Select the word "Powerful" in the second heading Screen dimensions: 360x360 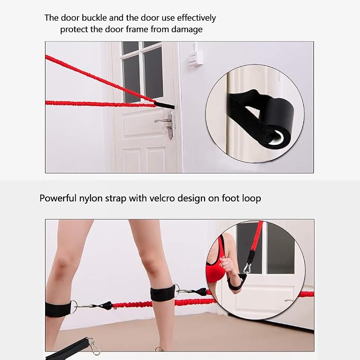(x=58, y=198)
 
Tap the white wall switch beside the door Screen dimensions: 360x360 (x=195, y=58)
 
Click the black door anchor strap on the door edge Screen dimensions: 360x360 (x=164, y=106)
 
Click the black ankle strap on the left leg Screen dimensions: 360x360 (x=58, y=309)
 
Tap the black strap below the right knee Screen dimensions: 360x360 (x=162, y=293)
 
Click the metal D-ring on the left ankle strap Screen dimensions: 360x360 (x=74, y=307)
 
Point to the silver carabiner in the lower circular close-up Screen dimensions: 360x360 (x=247, y=269)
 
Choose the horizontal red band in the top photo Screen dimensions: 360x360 (x=100, y=104)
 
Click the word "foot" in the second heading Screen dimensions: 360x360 (x=230, y=198)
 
